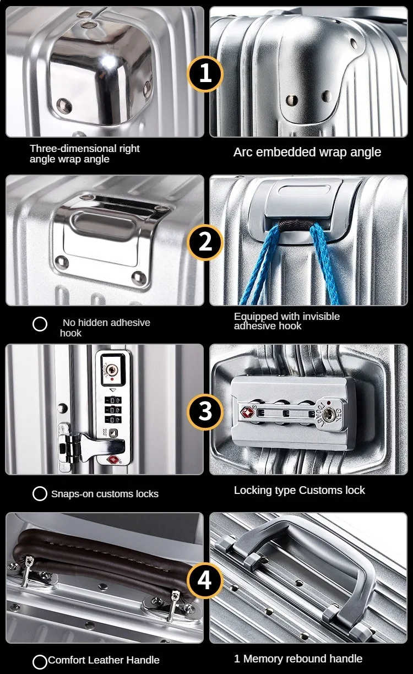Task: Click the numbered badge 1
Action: click(205, 74)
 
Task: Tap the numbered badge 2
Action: click(205, 242)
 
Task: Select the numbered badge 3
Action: click(205, 412)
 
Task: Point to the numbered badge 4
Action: click(205, 580)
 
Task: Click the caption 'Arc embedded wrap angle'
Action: click(307, 152)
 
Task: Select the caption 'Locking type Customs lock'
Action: click(300, 490)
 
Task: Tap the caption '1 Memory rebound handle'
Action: click(298, 659)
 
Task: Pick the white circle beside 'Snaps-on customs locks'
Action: click(40, 493)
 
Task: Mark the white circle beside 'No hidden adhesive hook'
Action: click(40, 324)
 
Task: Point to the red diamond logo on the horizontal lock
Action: click(247, 412)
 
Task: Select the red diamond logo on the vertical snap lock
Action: click(113, 460)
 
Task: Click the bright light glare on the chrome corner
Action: click(108, 62)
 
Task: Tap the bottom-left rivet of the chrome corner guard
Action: click(64, 105)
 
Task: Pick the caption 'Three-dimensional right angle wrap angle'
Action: click(84, 154)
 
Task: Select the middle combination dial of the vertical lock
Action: click(113, 410)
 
